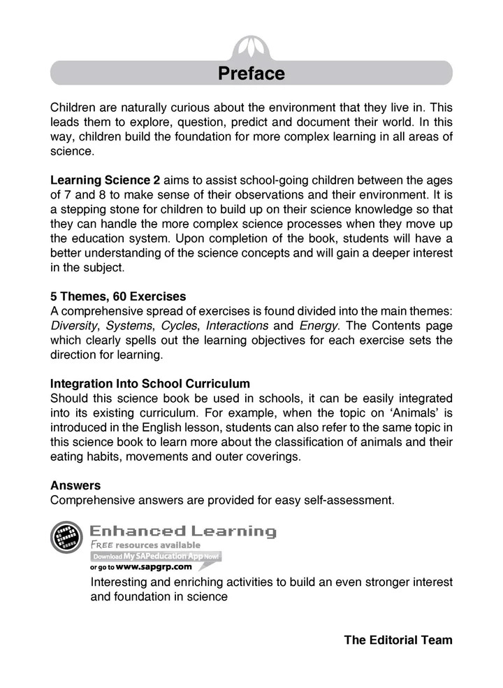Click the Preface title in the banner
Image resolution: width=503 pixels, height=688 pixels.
tap(251, 73)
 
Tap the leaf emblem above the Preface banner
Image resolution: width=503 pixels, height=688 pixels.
tap(251, 48)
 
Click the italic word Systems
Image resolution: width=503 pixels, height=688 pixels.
tap(130, 325)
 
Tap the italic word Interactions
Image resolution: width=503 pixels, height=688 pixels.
tap(237, 325)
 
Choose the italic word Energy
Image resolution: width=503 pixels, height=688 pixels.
tap(319, 325)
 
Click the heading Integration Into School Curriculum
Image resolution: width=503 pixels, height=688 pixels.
tap(150, 384)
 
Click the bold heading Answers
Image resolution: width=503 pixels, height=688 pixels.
tap(75, 485)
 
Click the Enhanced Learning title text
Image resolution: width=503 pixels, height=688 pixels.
tap(184, 531)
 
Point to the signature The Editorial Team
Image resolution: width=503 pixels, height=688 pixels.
tap(398, 640)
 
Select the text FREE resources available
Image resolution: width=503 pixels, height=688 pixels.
tap(145, 545)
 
